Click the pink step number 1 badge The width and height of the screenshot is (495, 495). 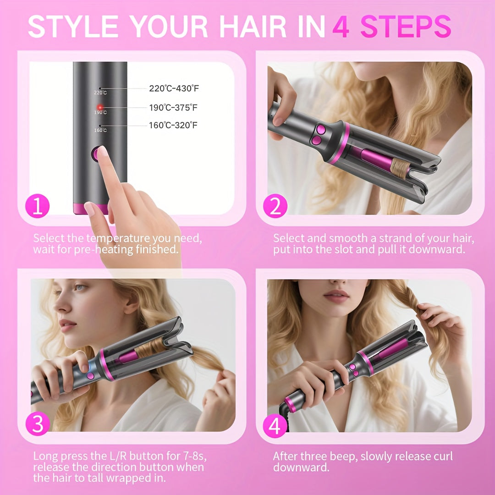tap(37, 207)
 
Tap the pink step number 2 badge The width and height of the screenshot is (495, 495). tap(275, 207)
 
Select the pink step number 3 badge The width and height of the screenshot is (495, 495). tap(37, 425)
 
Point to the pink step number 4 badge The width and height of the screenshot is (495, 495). tap(275, 426)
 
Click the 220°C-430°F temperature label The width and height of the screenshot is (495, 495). tap(174, 89)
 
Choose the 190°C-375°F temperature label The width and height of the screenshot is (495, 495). tap(174, 107)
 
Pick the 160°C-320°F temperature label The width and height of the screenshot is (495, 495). tap(174, 125)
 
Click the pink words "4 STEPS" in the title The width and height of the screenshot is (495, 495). tap(392, 27)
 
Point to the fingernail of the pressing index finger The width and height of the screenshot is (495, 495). tap(103, 152)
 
